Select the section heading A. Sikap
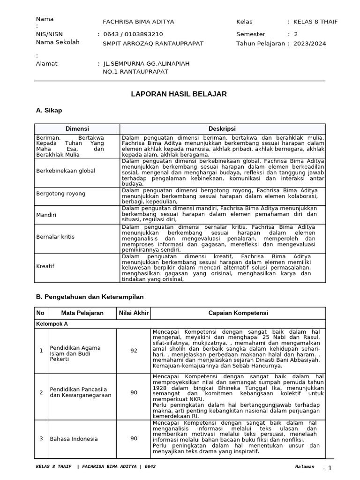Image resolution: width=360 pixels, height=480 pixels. pyautogui.click(x=49, y=111)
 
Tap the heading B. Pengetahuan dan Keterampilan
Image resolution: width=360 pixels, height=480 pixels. pyautogui.click(x=90, y=297)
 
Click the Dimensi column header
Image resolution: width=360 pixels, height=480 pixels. pyautogui.click(x=77, y=129)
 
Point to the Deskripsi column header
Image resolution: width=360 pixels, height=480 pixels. pyautogui.click(x=222, y=129)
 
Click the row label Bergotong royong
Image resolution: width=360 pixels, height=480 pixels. pyautogui.click(x=60, y=193)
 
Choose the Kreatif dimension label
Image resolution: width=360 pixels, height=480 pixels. pyautogui.click(x=45, y=266)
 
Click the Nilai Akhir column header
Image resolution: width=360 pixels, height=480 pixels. pyautogui.click(x=134, y=313)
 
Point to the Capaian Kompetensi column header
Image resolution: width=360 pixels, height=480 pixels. pyautogui.click(x=238, y=313)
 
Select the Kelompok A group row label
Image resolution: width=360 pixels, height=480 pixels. pyautogui.click(x=52, y=324)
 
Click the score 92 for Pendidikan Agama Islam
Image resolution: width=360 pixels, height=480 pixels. pyautogui.click(x=134, y=351)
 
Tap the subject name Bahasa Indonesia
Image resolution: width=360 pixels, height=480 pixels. pyautogui.click(x=74, y=439)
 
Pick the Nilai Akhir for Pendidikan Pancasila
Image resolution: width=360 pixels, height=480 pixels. pyautogui.click(x=134, y=392)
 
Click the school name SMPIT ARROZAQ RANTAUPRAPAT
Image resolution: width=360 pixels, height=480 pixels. pyautogui.click(x=153, y=44)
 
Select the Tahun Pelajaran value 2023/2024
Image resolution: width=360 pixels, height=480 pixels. pyautogui.click(x=310, y=44)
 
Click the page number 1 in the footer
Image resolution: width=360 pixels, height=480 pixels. pyautogui.click(x=330, y=468)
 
